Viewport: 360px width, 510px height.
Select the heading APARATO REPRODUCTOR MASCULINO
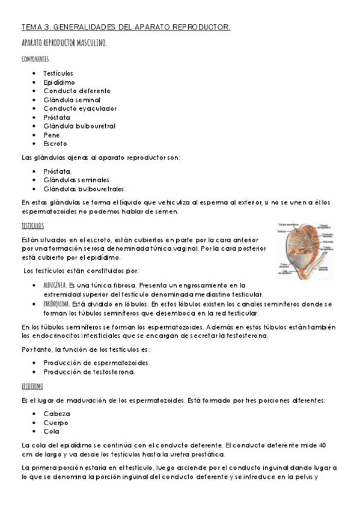pyautogui.click(x=64, y=43)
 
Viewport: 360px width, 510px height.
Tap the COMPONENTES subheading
pyautogui.click(x=35, y=59)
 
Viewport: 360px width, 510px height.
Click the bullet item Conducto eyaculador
pyautogui.click(x=80, y=108)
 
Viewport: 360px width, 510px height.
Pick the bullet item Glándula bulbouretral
pyautogui.click(x=79, y=126)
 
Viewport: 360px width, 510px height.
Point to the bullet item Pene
pyautogui.click(x=52, y=135)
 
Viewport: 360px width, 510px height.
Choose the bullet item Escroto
pyautogui.click(x=55, y=144)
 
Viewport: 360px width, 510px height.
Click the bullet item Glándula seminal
pyautogui.click(x=72, y=100)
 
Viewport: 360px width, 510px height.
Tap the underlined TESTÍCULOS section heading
pyautogui.click(x=32, y=226)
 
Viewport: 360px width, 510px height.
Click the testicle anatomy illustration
pyautogui.click(x=305, y=252)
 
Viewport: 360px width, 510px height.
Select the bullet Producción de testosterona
pyautogui.click(x=89, y=372)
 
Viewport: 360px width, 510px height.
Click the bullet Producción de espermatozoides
pyautogui.click(x=97, y=363)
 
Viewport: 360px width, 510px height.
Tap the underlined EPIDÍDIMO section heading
pyautogui.click(x=32, y=386)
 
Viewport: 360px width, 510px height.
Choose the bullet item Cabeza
pyautogui.click(x=57, y=414)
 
